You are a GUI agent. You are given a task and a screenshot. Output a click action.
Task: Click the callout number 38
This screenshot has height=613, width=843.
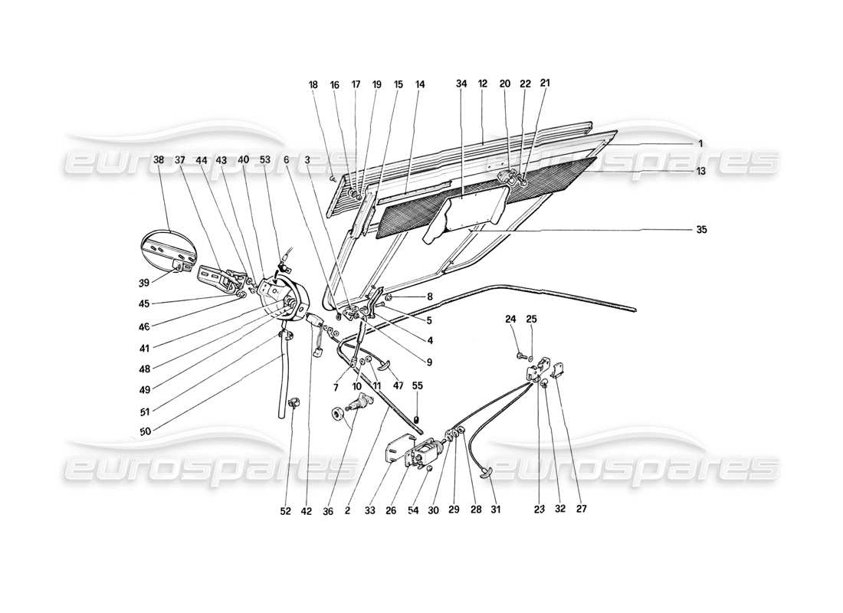click(x=159, y=160)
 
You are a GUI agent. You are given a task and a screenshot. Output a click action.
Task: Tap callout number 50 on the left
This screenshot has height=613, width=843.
click(x=146, y=432)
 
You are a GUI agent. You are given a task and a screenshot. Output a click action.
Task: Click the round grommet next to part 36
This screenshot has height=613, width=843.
click(x=336, y=414)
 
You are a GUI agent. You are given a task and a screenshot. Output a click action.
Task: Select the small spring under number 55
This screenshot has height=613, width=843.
click(x=417, y=418)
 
